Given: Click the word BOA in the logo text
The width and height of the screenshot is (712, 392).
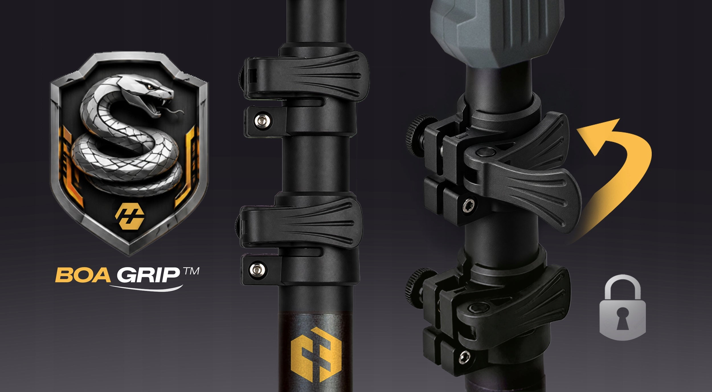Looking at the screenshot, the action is (83, 275).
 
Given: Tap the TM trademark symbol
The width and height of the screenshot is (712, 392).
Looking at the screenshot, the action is (191, 271).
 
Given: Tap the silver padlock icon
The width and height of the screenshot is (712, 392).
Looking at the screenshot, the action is (622, 307).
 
